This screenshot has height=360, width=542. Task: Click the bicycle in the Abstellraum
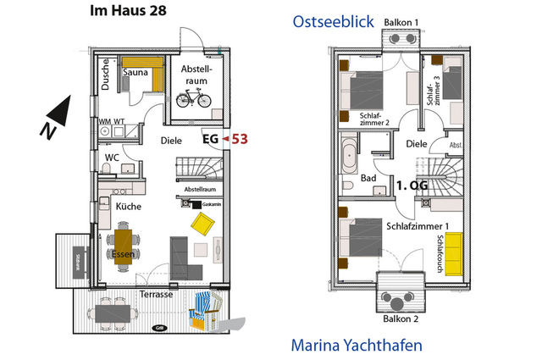click(x=193, y=98)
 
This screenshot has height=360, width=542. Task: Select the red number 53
click(x=240, y=139)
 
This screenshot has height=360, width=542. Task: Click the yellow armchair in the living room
click(x=203, y=224)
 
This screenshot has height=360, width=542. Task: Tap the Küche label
click(x=128, y=206)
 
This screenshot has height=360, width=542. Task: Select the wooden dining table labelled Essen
click(x=123, y=246)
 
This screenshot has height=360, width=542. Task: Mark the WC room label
click(x=111, y=158)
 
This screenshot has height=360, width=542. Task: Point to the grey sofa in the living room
click(x=181, y=258)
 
